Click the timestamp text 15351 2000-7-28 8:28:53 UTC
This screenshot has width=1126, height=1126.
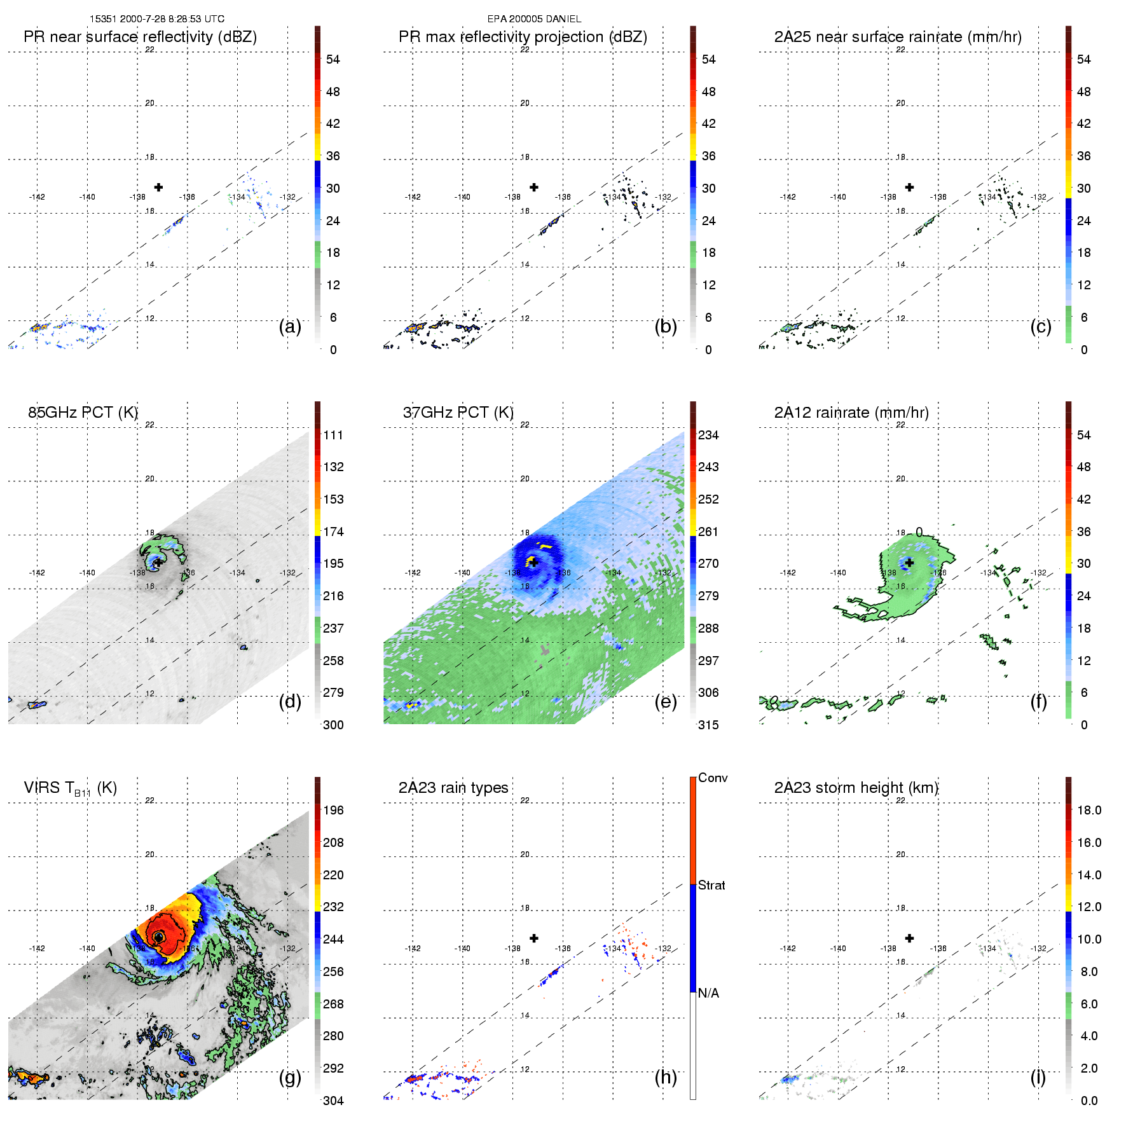pos(156,19)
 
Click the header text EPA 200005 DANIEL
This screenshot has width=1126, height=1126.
pos(534,19)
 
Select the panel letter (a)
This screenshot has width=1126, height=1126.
pos(290,327)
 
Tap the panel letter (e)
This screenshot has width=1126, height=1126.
pos(665,701)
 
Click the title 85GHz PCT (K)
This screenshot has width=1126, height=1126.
pos(83,413)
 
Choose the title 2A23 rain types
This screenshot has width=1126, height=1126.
pos(453,788)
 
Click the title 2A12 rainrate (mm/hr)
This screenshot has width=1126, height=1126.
pos(851,413)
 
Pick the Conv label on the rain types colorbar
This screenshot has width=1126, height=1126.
pos(713,778)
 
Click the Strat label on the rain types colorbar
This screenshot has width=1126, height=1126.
pos(711,885)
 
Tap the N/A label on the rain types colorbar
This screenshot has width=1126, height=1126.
pos(708,993)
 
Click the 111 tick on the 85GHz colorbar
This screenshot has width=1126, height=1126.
pos(333,436)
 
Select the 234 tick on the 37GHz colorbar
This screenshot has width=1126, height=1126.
pos(708,436)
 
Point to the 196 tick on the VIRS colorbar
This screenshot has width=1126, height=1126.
pos(333,811)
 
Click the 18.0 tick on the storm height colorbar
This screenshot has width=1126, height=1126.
pos(1089,811)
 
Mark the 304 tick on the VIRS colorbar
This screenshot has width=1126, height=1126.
pos(333,1101)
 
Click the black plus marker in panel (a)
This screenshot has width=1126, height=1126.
pos(158,187)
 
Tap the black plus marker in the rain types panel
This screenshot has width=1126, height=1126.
pos(534,938)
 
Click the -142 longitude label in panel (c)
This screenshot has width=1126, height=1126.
pos(788,197)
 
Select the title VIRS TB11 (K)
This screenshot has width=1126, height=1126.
pos(71,788)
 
